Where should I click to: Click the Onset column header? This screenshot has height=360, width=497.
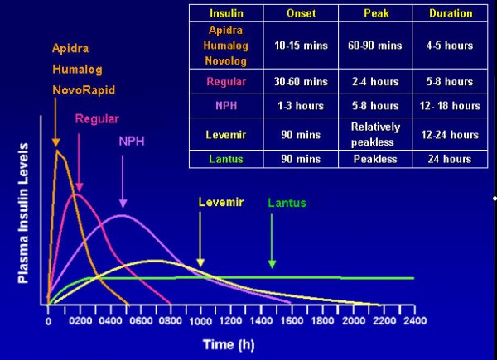pos(301,13)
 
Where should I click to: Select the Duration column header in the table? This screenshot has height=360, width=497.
pos(451,13)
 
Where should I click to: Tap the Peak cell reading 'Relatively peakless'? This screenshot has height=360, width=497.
pos(375,133)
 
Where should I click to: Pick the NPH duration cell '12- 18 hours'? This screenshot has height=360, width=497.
pos(451,106)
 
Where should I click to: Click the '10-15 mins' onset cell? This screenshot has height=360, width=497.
pos(301,46)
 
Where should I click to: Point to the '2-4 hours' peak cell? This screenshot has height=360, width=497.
pos(375,82)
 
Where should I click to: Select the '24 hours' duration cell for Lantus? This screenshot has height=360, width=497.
pos(451,159)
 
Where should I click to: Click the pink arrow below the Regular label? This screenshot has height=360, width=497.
pos(80,157)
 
